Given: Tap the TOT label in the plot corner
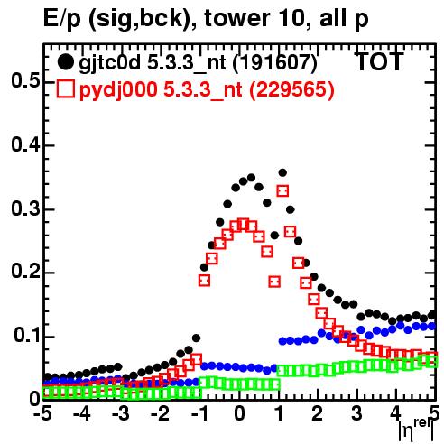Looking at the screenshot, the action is click(x=379, y=61).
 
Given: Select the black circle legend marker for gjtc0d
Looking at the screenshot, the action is click(x=65, y=62).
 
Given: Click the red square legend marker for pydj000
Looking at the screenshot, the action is click(x=65, y=89).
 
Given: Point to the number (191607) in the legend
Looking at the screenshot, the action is click(x=275, y=63).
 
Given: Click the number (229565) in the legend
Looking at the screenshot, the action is click(x=291, y=89).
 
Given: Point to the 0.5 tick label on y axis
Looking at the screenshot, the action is click(x=25, y=81).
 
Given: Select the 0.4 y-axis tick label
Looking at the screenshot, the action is click(x=25, y=144).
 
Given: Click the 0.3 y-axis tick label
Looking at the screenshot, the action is click(x=25, y=208).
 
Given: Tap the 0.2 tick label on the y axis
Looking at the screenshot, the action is click(x=25, y=273).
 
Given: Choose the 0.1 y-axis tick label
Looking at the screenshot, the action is click(x=26, y=336).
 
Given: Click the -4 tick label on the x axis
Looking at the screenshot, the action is click(x=82, y=414).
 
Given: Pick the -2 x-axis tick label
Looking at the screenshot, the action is click(x=160, y=414).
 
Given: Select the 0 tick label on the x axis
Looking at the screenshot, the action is click(x=239, y=414).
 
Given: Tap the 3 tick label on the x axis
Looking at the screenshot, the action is click(x=356, y=414).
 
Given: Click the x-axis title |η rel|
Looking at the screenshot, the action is click(x=416, y=430).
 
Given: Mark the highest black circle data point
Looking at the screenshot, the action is click(x=282, y=172).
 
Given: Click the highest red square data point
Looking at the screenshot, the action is click(x=282, y=191).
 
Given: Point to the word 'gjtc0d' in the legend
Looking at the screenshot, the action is click(x=109, y=64).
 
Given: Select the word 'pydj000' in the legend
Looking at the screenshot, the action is click(x=118, y=90).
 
